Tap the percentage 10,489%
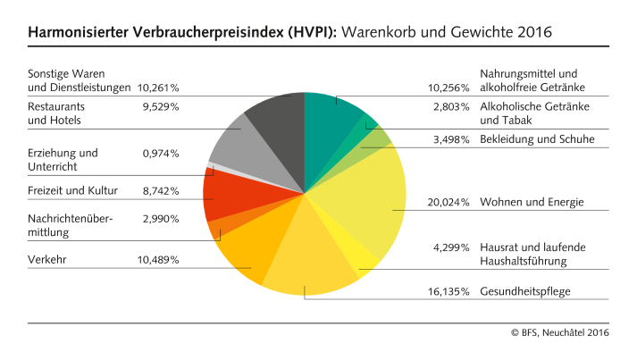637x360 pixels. click(x=158, y=259)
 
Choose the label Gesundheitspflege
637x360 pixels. click(x=525, y=291)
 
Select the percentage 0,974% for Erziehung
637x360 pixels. click(x=161, y=154)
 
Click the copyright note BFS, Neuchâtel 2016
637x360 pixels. click(x=560, y=332)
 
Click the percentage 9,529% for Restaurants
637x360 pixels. click(x=161, y=106)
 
